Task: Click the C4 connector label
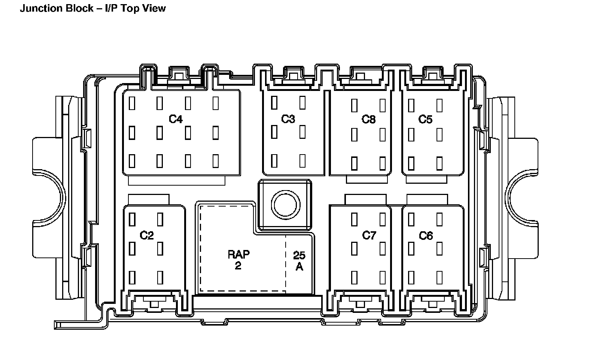pyautogui.click(x=176, y=119)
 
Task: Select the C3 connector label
pyautogui.click(x=288, y=119)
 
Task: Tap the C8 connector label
pyautogui.click(x=368, y=119)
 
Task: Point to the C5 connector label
pyautogui.click(x=425, y=119)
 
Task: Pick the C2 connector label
pyautogui.click(x=147, y=235)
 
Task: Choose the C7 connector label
pyautogui.click(x=369, y=235)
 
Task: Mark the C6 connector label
pyautogui.click(x=426, y=235)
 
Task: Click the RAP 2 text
pyautogui.click(x=238, y=260)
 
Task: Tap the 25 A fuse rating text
pyautogui.click(x=299, y=261)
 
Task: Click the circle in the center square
pyautogui.click(x=285, y=205)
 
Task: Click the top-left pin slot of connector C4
pyautogui.click(x=132, y=103)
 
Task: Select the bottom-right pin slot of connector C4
pyautogui.click(x=216, y=161)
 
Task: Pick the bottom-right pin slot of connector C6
pyautogui.click(x=440, y=277)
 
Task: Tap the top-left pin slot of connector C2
pyautogui.click(x=132, y=219)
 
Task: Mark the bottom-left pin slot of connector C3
pyautogui.click(x=274, y=160)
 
